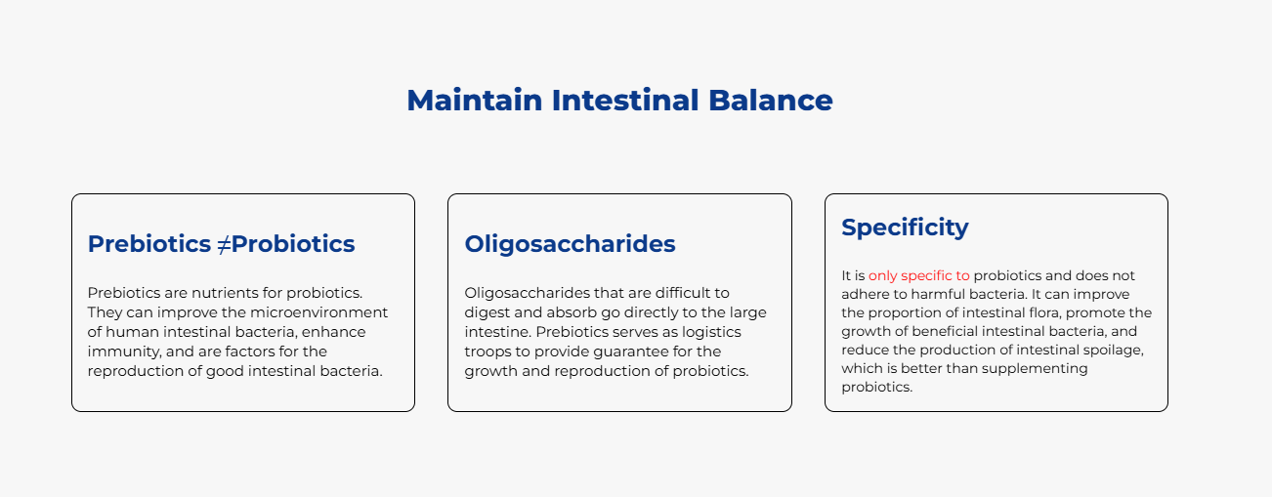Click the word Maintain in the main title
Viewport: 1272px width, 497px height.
click(475, 100)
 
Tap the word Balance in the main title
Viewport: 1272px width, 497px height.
click(771, 100)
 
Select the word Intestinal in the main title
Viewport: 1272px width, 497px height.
click(625, 100)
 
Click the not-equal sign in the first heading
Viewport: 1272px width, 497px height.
click(224, 244)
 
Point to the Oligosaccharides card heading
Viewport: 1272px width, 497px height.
click(570, 244)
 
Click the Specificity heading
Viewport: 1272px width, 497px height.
click(905, 228)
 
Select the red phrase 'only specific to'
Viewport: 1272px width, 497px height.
click(918, 275)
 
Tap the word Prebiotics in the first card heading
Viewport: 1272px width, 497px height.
click(149, 244)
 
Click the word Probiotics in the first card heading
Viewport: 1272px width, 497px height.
click(293, 244)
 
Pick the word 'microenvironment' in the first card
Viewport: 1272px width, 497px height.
click(319, 312)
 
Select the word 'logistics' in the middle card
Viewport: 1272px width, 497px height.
click(711, 332)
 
